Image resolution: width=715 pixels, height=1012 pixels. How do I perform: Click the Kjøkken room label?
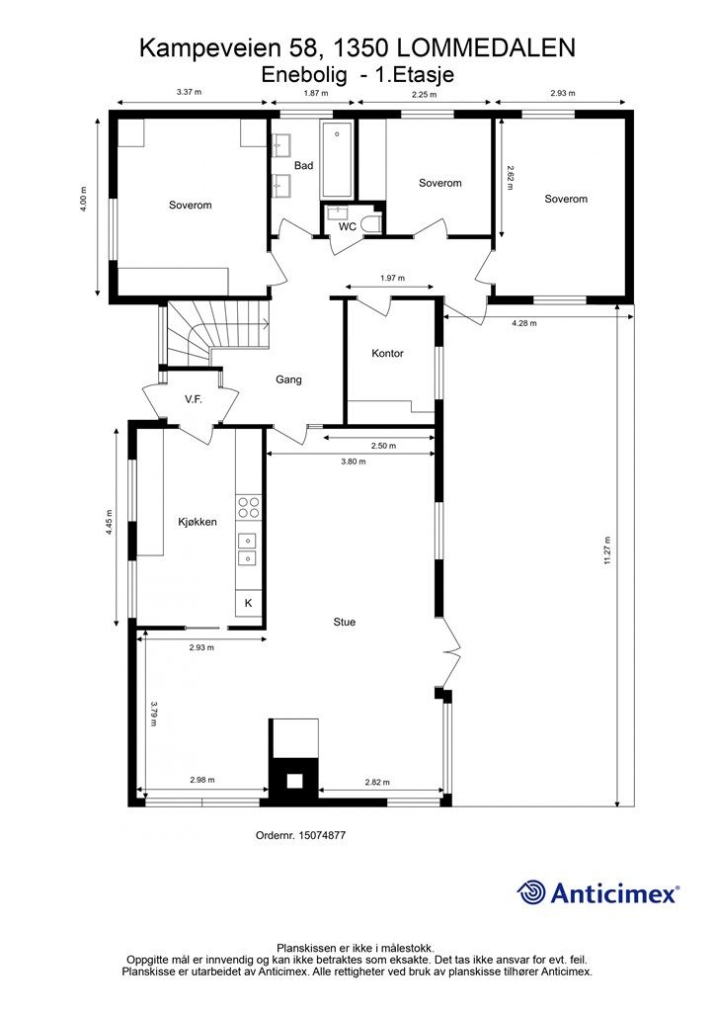(x=198, y=522)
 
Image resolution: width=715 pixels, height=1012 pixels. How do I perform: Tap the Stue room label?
(x=345, y=623)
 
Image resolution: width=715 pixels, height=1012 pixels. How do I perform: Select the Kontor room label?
(x=387, y=354)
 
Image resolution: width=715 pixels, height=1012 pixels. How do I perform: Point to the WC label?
(x=348, y=227)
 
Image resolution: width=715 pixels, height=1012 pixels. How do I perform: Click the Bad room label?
(x=303, y=166)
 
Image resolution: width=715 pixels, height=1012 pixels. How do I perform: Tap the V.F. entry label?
(x=194, y=399)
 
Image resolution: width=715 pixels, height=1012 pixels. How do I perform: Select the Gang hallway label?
(x=288, y=379)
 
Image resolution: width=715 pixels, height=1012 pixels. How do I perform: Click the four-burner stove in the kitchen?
(x=248, y=507)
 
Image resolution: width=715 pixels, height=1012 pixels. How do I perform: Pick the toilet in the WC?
(x=370, y=224)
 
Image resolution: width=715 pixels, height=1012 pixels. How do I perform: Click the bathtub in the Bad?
(x=337, y=159)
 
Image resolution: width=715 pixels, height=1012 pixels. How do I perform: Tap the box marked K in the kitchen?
(x=248, y=604)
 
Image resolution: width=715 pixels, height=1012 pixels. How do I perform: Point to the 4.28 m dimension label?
(x=524, y=323)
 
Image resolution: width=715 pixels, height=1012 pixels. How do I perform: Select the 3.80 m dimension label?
(x=354, y=462)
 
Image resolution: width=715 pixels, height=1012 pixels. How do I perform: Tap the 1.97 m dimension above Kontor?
(x=392, y=278)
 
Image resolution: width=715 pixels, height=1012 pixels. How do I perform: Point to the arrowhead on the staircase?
(x=266, y=324)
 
